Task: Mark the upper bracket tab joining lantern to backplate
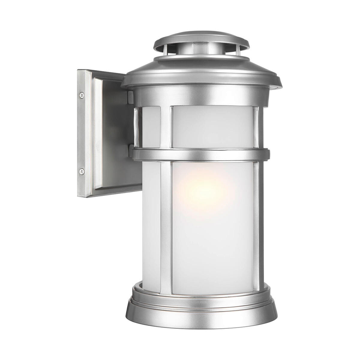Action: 130,96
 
